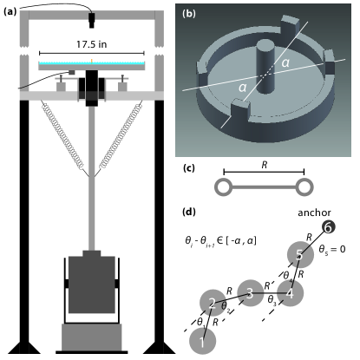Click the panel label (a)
tap(10, 11)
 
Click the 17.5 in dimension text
tap(91, 44)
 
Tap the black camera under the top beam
tap(92, 21)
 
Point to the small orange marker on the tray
tap(92, 61)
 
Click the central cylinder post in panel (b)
tap(266, 67)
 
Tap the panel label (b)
tap(189, 14)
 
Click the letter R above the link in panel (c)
tap(265, 165)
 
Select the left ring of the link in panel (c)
tap(223, 187)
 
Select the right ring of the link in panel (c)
tap(304, 187)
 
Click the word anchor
tap(314, 213)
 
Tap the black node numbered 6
tap(328, 227)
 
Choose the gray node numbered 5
tap(300, 255)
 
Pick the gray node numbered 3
tap(250, 293)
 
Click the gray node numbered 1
tap(202, 342)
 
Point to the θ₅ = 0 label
tap(332, 249)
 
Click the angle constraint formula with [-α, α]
tap(220, 241)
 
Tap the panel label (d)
tap(189, 212)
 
